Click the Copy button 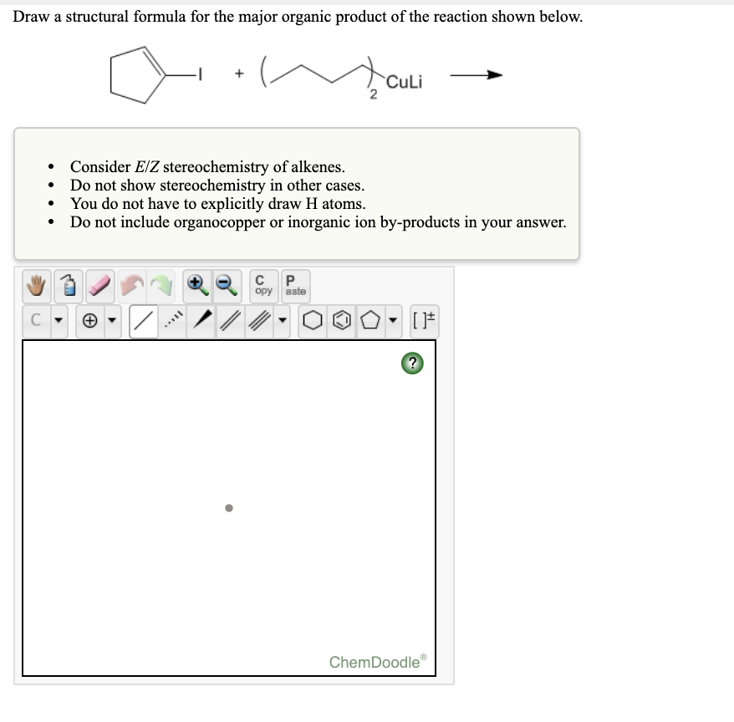click(263, 286)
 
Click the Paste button click(294, 286)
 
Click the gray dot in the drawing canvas click(228, 507)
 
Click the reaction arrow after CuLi click(476, 76)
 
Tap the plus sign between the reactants click(239, 75)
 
